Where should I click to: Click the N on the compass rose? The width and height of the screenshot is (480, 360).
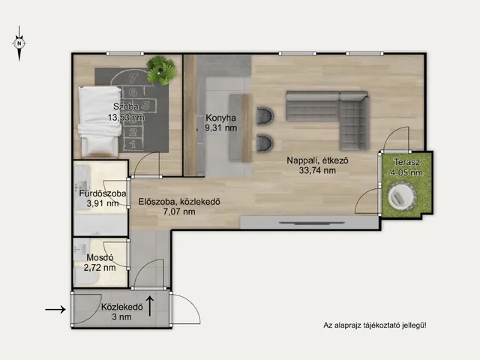pyautogui.click(x=19, y=43)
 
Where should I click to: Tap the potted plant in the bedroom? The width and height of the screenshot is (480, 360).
pyautogui.click(x=161, y=70)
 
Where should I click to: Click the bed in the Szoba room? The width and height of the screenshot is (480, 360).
pyautogui.click(x=100, y=121)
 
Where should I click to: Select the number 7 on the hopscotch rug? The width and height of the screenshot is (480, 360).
pyautogui.click(x=133, y=78)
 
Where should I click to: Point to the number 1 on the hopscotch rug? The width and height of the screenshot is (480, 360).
pyautogui.click(x=133, y=144)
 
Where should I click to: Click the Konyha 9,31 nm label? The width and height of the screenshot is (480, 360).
pyautogui.click(x=220, y=123)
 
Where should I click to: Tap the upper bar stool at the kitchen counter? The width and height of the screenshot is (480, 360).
pyautogui.click(x=265, y=116)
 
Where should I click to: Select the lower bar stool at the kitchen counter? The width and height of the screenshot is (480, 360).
pyautogui.click(x=265, y=142)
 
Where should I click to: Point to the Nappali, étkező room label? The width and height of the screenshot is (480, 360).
pyautogui.click(x=317, y=160)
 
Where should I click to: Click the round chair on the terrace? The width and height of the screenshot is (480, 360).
pyautogui.click(x=402, y=196)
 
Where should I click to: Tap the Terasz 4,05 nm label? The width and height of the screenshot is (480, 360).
pyautogui.click(x=406, y=167)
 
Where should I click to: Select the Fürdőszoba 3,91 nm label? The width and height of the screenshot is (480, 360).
pyautogui.click(x=103, y=198)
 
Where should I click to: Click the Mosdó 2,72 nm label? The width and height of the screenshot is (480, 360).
pyautogui.click(x=100, y=262)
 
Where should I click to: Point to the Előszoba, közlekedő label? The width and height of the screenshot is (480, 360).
pyautogui.click(x=179, y=202)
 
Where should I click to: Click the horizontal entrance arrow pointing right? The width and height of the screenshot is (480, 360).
pyautogui.click(x=55, y=310)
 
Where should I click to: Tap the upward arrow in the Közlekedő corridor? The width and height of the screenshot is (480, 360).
pyautogui.click(x=150, y=306)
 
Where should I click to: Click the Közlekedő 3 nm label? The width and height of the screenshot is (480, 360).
pyautogui.click(x=121, y=312)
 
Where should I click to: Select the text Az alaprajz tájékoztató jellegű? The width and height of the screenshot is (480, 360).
pyautogui.click(x=375, y=325)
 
